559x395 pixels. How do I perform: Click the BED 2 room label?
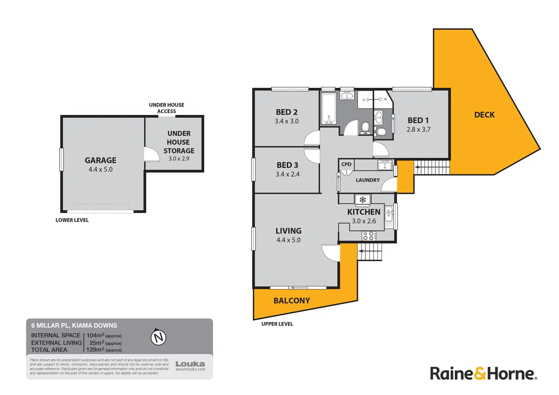click(x=286, y=112)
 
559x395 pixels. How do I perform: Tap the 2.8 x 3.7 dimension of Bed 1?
click(x=419, y=129)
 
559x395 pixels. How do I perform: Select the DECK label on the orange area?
click(x=484, y=115)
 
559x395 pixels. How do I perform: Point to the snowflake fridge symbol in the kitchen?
click(x=363, y=200)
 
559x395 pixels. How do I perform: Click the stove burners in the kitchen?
click(x=368, y=236)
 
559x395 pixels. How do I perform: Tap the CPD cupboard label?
click(x=346, y=164)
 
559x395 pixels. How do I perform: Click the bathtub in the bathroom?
click(x=329, y=108)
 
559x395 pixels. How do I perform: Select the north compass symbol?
click(x=158, y=337)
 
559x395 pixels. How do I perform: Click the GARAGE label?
click(x=101, y=160)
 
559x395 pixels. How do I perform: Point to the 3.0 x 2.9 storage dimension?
click(x=179, y=159)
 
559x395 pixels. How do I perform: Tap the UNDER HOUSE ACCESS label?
click(x=166, y=108)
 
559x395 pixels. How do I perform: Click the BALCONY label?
click(x=292, y=301)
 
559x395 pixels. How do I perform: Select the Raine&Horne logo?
click(x=483, y=373)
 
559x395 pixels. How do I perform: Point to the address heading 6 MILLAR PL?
click(x=74, y=326)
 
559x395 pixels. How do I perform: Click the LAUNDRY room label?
click(x=368, y=180)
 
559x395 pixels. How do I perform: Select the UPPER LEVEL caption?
click(x=277, y=324)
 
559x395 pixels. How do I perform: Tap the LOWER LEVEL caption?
click(x=72, y=220)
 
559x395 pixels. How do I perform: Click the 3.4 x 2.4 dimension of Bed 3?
click(x=288, y=174)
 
